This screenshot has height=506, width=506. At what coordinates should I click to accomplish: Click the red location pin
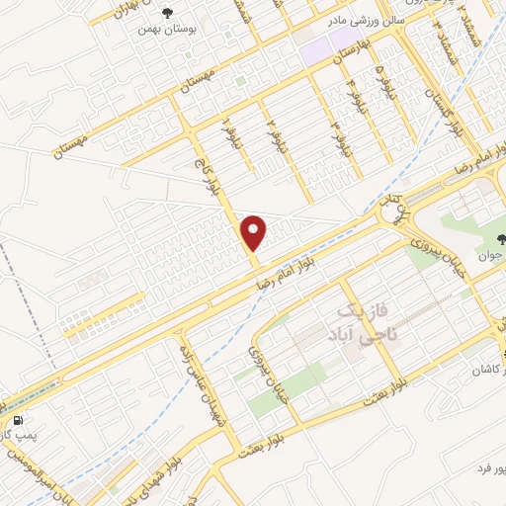coord(254,232)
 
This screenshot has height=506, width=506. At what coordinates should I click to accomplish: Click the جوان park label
coord(491,255)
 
